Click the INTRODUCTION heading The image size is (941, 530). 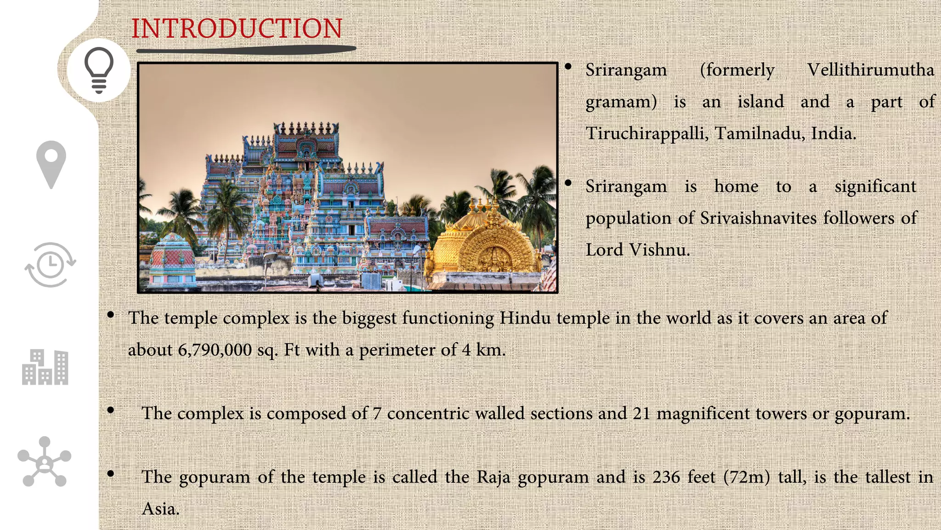tap(237, 29)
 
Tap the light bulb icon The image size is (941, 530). tap(99, 70)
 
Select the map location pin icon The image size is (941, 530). tap(51, 164)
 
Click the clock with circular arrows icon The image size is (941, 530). tap(51, 265)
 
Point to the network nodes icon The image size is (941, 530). tap(44, 462)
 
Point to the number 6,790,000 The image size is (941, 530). tap(215, 350)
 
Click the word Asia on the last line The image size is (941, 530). tap(160, 509)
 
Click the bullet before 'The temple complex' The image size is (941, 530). tap(110, 315)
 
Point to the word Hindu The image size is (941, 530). tap(525, 318)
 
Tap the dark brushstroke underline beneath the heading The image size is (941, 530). tap(246, 49)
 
